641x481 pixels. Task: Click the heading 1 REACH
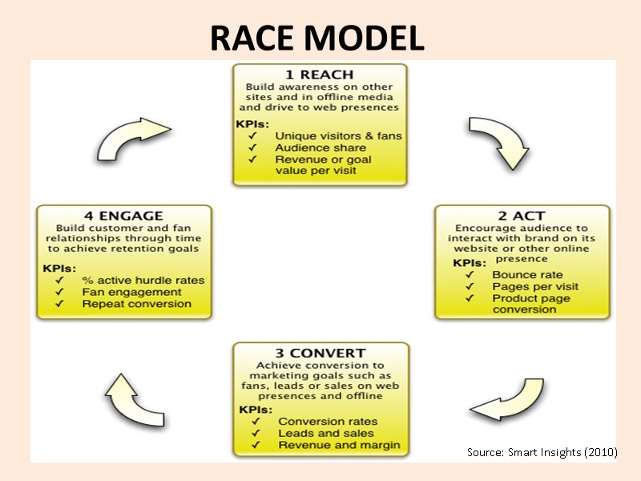coord(320,75)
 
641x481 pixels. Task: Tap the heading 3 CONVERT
coord(320,353)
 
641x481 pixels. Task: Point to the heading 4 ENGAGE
coord(124,216)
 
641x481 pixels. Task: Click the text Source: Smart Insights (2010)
coord(542,453)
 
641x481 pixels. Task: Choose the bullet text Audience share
coord(320,148)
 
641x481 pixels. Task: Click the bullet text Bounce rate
coord(527,275)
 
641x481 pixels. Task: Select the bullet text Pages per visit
coord(535,287)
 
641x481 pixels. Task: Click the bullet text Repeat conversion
coord(136,304)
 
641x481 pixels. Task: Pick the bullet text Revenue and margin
coord(339,445)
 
